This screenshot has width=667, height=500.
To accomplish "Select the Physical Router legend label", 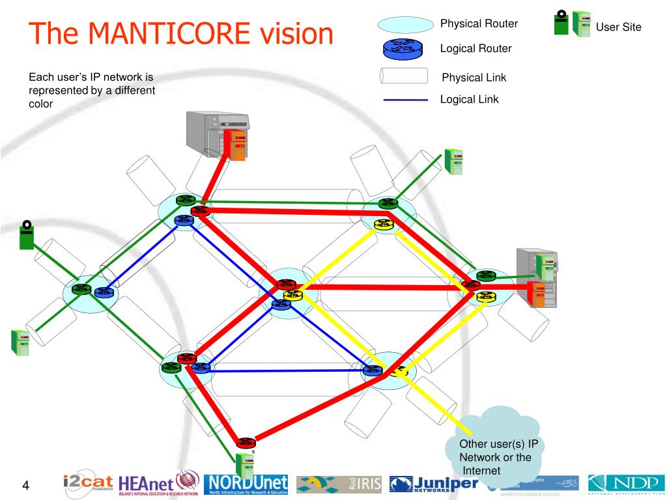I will click(479, 24).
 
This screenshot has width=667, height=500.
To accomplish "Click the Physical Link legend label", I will click(474, 77).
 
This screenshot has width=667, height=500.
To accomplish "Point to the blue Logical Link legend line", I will click(406, 100).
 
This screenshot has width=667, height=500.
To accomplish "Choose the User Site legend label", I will click(619, 27).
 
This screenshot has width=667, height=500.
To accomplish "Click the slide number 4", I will click(27, 485).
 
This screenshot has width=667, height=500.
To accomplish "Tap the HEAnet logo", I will click(159, 484).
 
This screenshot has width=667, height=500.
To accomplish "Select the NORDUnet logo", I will click(246, 484).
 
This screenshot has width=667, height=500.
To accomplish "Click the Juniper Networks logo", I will click(433, 484).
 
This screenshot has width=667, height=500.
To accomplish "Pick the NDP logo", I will click(625, 484).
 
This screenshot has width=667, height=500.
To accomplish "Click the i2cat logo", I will click(88, 484).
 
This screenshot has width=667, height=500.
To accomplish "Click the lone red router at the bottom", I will click(246, 443).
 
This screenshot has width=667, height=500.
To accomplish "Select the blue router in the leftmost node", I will click(103, 292).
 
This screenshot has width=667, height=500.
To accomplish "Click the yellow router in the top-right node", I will click(383, 225).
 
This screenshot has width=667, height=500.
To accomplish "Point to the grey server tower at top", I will click(216, 135).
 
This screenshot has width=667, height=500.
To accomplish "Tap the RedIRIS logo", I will click(339, 484).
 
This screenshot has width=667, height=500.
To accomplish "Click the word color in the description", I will click(40, 104).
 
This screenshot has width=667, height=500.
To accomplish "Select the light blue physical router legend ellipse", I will click(405, 25).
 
